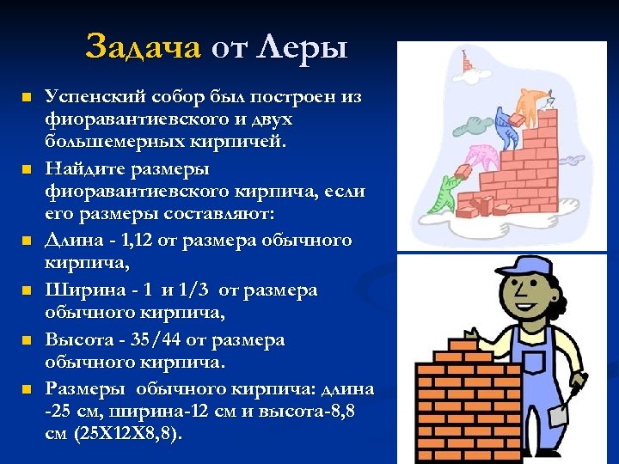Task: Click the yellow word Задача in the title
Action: [142, 46]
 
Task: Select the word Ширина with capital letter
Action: [80, 290]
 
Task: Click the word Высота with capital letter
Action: [77, 339]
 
